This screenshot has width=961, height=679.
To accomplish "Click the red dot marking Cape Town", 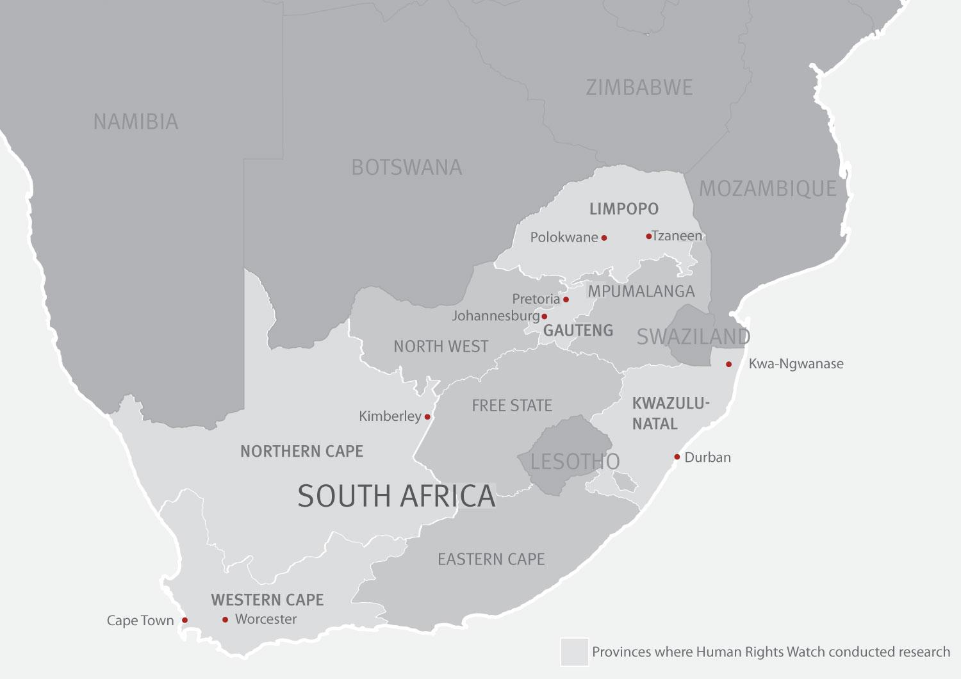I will point(185,620).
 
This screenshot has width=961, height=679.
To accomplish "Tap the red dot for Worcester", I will point(225,619).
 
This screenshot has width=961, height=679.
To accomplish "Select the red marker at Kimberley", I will point(427,417).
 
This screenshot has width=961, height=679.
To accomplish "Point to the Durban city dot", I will point(677,457).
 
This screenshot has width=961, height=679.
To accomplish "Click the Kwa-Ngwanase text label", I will point(796,364).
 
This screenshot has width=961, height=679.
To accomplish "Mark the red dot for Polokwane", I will point(604,238).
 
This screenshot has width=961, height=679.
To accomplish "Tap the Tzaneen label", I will point(677,236).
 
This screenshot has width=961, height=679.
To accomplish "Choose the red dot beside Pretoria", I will point(566,299).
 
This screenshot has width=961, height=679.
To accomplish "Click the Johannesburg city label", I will point(496,316).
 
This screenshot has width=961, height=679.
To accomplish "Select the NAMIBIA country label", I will point(136,122).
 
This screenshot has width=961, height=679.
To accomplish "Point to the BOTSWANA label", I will point(406,167).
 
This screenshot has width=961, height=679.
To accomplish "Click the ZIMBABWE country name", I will point(639,88).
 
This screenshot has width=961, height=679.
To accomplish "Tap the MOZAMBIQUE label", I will point(768,188).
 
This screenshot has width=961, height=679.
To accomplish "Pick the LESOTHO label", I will point(575,461).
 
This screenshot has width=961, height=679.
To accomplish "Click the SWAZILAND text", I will point(693,336).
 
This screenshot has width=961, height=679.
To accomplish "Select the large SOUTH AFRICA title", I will point(397,496).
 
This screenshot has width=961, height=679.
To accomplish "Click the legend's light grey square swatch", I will point(574,651).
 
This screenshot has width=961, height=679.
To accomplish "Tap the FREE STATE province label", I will point(511,405).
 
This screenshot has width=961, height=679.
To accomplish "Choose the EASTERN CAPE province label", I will point(491,559).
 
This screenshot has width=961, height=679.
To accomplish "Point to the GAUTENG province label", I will point(578,331).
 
